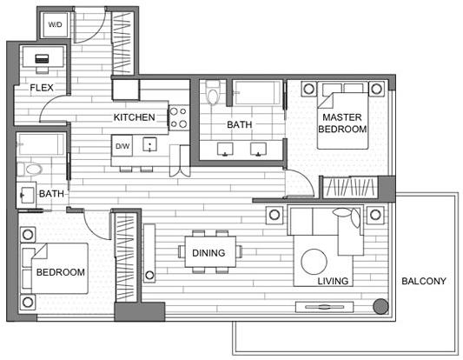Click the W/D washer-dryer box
click(x=56, y=25)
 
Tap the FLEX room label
click(x=42, y=88)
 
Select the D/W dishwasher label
click(x=122, y=146)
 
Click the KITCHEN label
click(x=135, y=117)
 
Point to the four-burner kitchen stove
click(x=179, y=117)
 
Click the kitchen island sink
click(x=149, y=144)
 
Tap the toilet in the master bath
click(x=213, y=92)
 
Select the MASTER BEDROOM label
click(x=342, y=123)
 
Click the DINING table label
click(x=208, y=253)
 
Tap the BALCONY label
click(x=424, y=281)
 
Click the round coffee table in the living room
click(x=314, y=262)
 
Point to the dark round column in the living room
click(x=381, y=306)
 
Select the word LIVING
click(x=333, y=281)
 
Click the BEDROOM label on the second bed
click(x=61, y=272)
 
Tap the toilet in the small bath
click(x=30, y=170)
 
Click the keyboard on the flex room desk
click(x=42, y=59)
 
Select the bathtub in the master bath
click(x=257, y=92)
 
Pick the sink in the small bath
click(x=26, y=194)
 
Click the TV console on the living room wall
click(x=325, y=307)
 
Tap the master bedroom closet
click(x=350, y=187)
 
